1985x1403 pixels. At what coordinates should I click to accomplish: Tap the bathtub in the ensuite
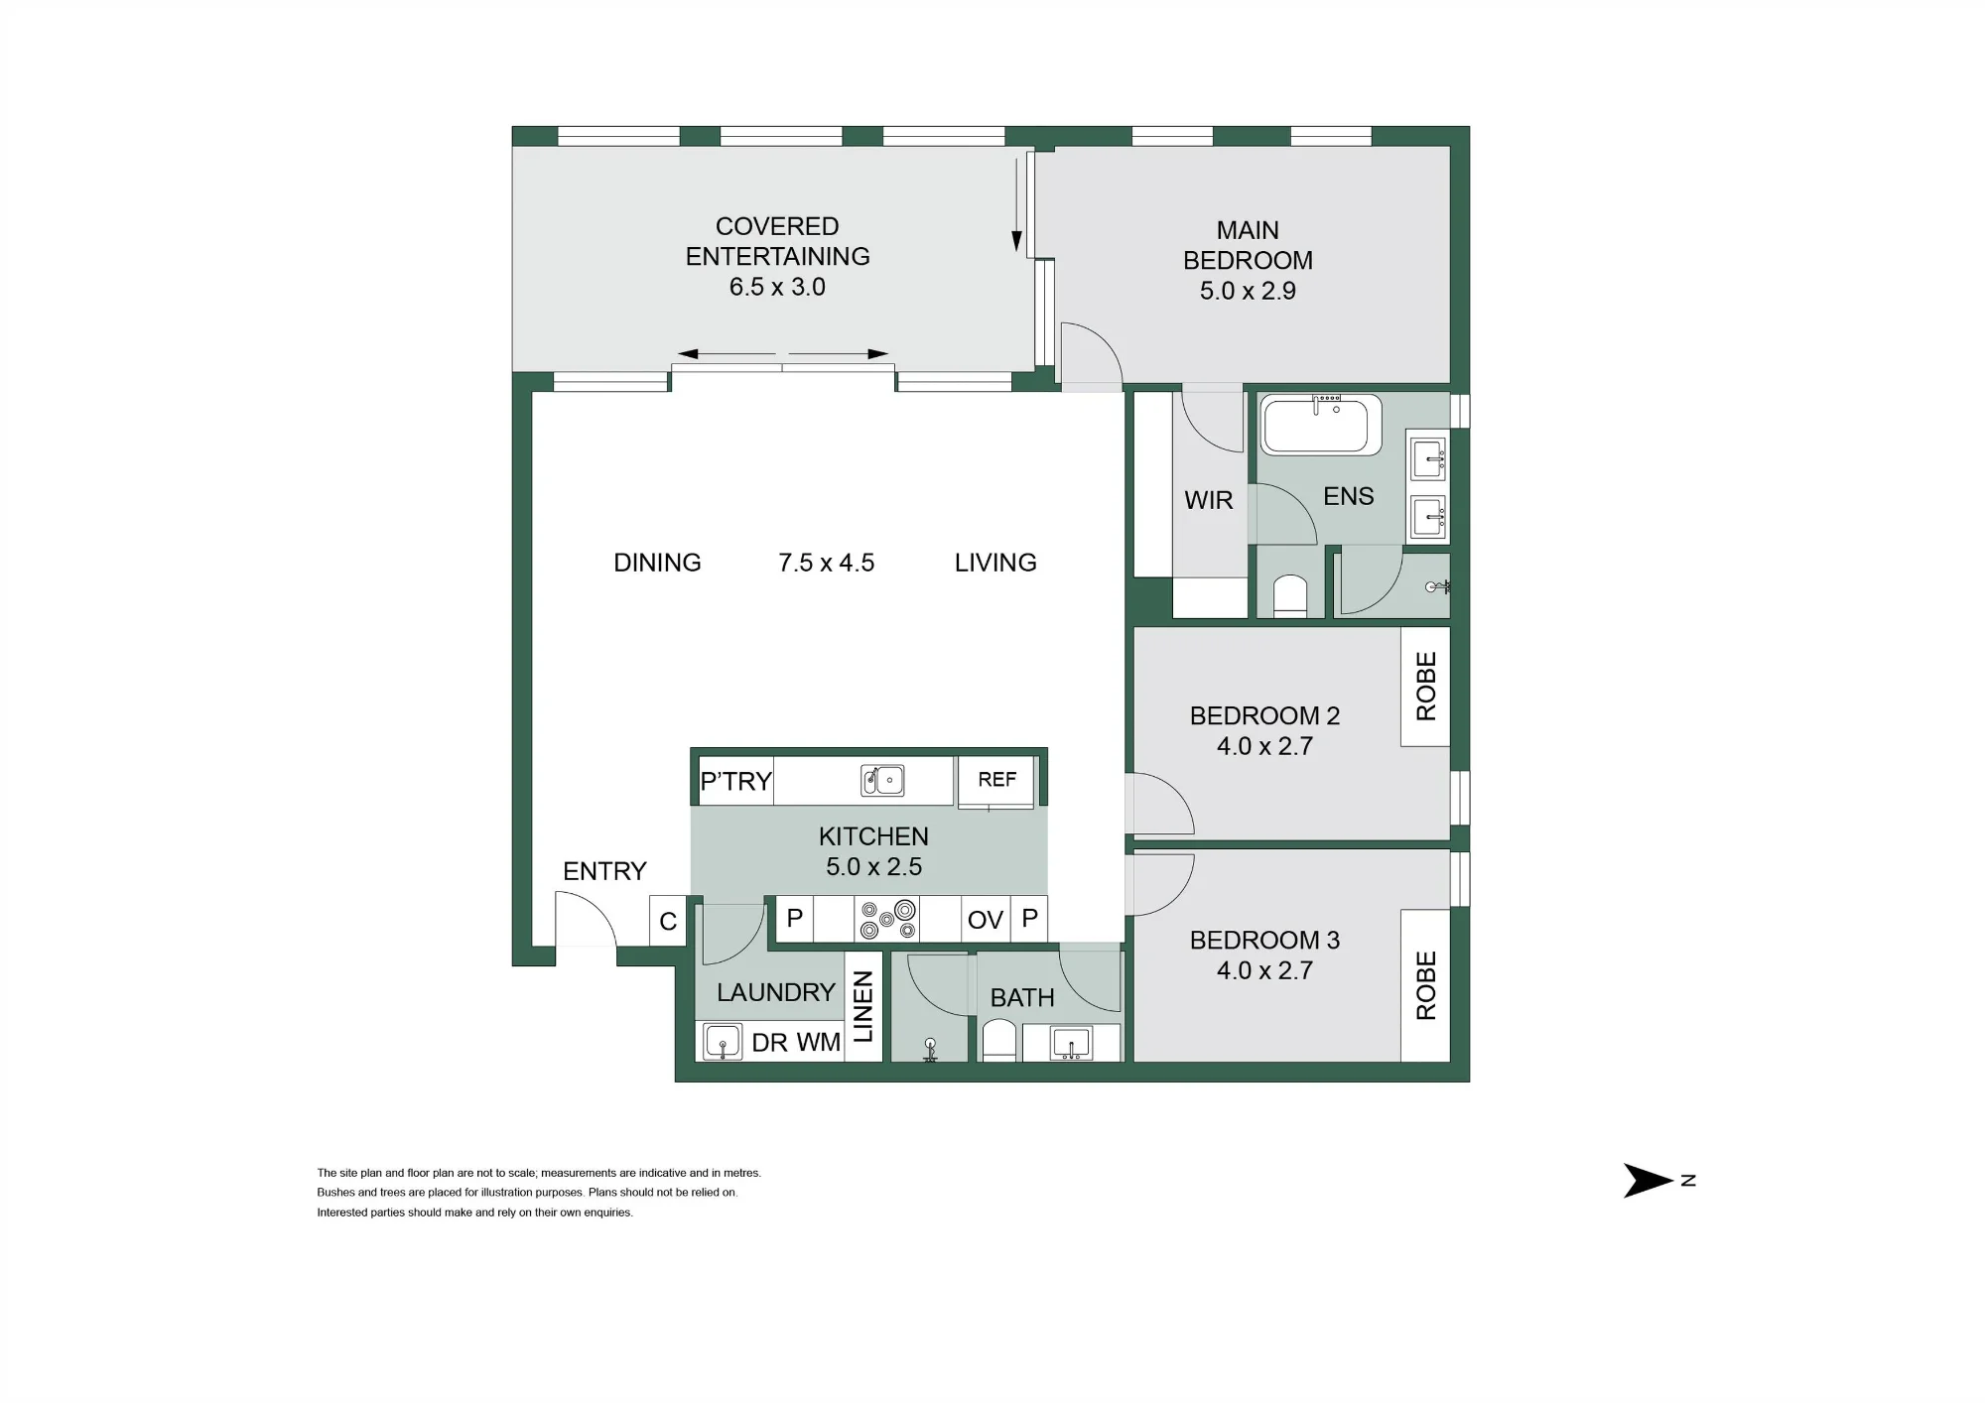1321,425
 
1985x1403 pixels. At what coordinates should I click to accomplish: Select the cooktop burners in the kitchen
887,918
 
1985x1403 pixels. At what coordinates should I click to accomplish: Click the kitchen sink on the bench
881,780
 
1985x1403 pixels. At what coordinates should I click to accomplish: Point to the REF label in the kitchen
996,780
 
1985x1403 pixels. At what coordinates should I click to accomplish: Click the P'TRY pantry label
735,781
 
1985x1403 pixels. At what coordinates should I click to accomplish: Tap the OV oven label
985,920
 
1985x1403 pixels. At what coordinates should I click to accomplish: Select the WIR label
1208,500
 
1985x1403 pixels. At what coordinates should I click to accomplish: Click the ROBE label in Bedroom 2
1426,686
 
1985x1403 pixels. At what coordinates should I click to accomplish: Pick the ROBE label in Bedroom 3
1426,985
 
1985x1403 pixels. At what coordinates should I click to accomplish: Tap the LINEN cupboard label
862,1007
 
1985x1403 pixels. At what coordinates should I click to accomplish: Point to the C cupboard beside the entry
668,921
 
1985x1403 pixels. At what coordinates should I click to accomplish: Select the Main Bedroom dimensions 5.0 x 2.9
1248,291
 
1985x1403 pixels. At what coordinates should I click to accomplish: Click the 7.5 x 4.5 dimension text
826,563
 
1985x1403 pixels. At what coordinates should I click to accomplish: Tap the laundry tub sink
722,1043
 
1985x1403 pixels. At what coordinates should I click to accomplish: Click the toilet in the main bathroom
998,1042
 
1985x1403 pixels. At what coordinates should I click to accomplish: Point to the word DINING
657,563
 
